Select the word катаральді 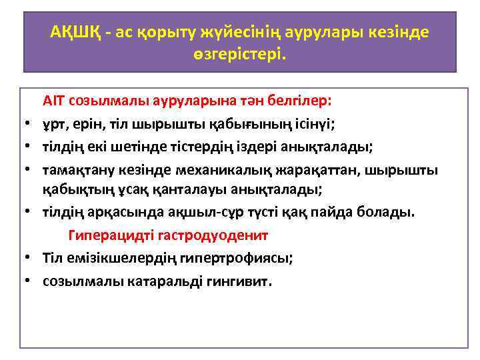click(x=163, y=280)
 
